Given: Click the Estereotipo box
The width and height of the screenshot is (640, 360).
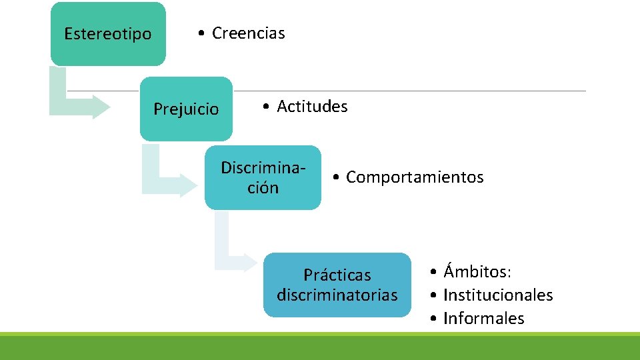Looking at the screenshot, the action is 108,33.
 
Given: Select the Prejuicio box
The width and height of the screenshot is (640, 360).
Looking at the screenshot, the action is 186,109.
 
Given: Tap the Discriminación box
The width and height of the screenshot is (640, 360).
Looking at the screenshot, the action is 263,177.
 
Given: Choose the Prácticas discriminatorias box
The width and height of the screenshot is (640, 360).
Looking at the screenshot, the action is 337,285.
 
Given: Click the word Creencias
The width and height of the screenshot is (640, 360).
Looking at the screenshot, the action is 248,33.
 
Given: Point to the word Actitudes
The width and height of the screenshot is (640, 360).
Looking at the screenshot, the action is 312,107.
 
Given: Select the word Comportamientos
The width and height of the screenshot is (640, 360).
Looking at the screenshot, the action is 415,177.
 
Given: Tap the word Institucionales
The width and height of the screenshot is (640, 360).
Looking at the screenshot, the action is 498,295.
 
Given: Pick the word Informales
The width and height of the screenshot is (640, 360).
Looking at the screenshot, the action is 483,319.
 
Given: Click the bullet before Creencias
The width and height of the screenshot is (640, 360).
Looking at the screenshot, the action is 200,34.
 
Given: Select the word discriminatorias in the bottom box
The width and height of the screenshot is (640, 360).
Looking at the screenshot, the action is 337,295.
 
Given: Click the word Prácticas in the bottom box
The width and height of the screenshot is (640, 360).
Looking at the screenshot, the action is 337,275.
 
